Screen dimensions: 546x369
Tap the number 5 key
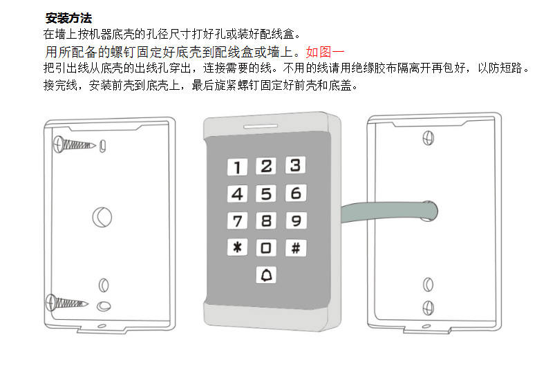pyautogui.click(x=266, y=193)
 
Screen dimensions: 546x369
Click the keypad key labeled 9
pyautogui.click(x=296, y=220)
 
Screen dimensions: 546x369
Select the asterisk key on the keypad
pyautogui.click(x=238, y=247)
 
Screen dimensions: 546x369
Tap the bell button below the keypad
pyautogui.click(x=266, y=275)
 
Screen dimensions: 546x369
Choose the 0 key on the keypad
pyautogui.click(x=266, y=248)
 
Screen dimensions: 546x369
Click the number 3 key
pyautogui.click(x=296, y=165)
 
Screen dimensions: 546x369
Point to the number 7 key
pyautogui.click(x=238, y=220)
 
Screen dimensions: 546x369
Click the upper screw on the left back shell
pyautogui.click(x=74, y=144)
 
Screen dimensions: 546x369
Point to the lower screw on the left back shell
pyautogui.click(x=67, y=303)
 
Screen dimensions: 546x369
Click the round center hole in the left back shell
pyautogui.click(x=102, y=217)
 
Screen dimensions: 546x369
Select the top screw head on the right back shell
pyautogui.click(x=429, y=138)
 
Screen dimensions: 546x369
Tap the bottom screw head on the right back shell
pyautogui.click(x=429, y=308)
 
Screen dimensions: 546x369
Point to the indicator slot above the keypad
pyautogui.click(x=261, y=126)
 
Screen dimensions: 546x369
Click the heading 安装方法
pyautogui.click(x=68, y=18)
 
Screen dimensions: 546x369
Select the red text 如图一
pyautogui.click(x=326, y=53)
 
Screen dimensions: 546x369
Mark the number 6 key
pyautogui.click(x=296, y=193)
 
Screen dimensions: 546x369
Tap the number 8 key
pyautogui.click(x=266, y=220)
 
